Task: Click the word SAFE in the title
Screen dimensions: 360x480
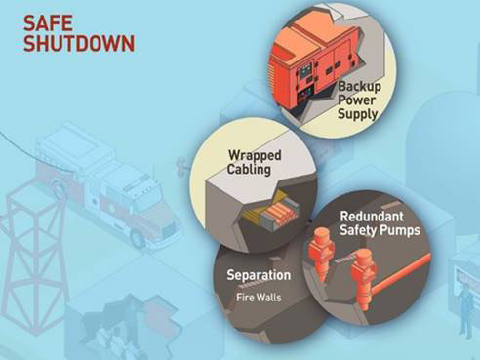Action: pyautogui.click(x=46, y=22)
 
